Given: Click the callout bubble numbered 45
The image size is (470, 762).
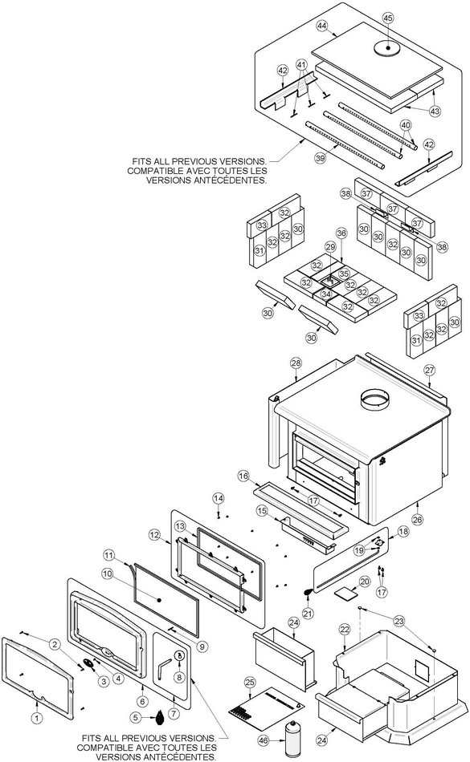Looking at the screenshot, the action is tap(388, 18).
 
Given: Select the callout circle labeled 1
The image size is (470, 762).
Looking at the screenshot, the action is tap(38, 718).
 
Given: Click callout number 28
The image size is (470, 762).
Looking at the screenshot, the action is tap(296, 363).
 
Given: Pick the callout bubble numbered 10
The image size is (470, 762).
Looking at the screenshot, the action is tap(108, 574).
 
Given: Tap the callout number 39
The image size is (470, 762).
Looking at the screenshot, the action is tap(320, 159).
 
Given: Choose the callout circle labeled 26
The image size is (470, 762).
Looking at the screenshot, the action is tap(418, 519).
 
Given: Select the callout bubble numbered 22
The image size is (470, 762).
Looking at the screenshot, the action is tap(345, 630).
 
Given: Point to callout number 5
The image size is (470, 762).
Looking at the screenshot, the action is tap(137, 717).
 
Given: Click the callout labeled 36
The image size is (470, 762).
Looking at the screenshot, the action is tap(341, 233).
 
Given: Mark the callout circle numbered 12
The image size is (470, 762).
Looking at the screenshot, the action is tap(154, 535).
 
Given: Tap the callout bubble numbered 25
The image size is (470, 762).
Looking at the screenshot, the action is tap(250, 683).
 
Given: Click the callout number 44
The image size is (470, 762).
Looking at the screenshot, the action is tap(322, 26).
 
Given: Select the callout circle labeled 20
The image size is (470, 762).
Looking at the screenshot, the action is tap(365, 582).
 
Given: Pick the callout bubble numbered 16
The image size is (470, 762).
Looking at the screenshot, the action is tap(243, 476).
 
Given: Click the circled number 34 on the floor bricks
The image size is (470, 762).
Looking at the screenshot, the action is tap(326, 294).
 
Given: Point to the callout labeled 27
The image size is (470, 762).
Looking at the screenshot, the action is tap(429, 371).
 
